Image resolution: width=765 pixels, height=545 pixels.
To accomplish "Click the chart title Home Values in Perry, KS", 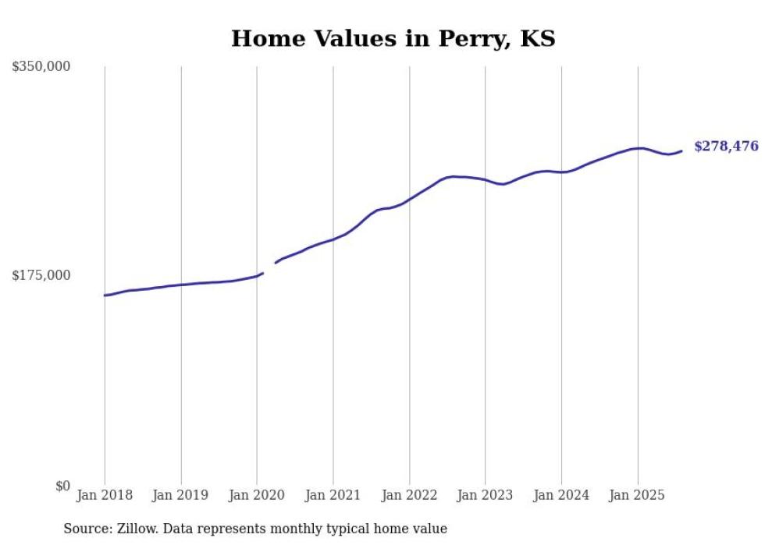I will coord(393,39).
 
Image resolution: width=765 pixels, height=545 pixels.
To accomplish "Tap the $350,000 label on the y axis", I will coord(41,67).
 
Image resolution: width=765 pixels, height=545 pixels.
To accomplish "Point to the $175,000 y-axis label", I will coord(41,275).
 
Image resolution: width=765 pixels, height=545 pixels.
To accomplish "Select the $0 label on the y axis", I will coord(62,486).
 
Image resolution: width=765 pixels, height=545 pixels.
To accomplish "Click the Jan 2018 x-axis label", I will coord(105,495).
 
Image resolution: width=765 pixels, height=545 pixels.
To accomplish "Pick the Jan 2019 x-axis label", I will coord(181,495).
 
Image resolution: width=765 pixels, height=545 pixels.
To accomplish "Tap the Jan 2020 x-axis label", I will coord(257,495).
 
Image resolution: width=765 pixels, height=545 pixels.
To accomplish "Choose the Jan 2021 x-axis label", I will coord(333,495).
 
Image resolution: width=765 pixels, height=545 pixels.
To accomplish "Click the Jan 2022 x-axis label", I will coord(409,495).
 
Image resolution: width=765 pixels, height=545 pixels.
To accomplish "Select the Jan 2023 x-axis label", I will coord(485,495).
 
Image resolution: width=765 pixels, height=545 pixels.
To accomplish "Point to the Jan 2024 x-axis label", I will coord(561,495).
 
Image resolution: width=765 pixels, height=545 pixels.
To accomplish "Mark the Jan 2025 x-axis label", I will coord(637,495).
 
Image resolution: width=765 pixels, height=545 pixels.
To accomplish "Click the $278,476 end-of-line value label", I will coord(726,146).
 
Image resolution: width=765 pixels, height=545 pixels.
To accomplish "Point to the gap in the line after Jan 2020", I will coord(269,268).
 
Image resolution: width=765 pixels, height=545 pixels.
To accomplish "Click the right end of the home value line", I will coord(681,150).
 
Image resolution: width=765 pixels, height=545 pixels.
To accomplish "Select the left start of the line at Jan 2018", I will coord(105,295).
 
